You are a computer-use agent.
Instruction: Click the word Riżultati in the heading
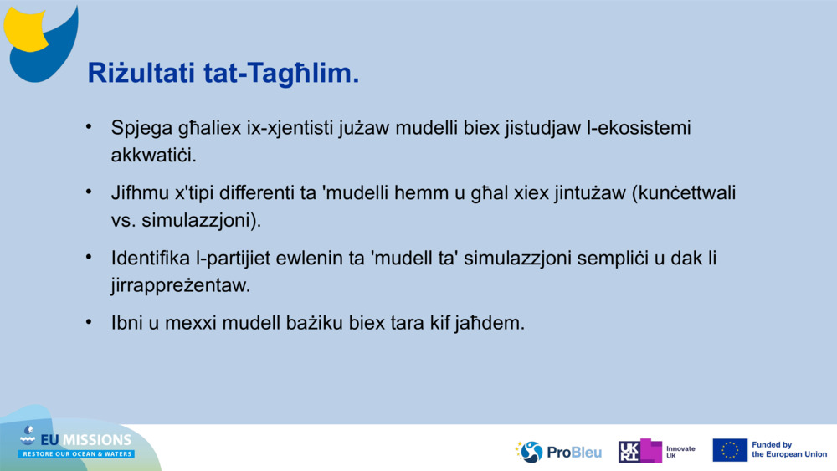pyautogui.click(x=141, y=73)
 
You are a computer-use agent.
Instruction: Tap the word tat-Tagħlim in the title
pyautogui.click(x=281, y=73)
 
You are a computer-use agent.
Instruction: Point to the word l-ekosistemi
pyautogui.click(x=639, y=128)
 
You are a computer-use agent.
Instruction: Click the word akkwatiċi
pyautogui.click(x=154, y=156)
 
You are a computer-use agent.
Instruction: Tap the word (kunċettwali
pyautogui.click(x=684, y=192)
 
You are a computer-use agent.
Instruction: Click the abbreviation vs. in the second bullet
pyautogui.click(x=123, y=220)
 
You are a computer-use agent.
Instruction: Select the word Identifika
pyautogui.click(x=151, y=259)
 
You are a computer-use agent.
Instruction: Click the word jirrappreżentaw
pyautogui.click(x=181, y=285)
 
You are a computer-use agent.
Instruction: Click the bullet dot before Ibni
pyautogui.click(x=89, y=321)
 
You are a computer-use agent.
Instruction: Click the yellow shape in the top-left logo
pyautogui.click(x=23, y=30)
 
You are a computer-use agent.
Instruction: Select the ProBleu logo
pyautogui.click(x=558, y=452)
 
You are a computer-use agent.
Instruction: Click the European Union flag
pyautogui.click(x=730, y=450)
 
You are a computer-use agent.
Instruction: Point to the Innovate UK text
pyautogui.click(x=680, y=453)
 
